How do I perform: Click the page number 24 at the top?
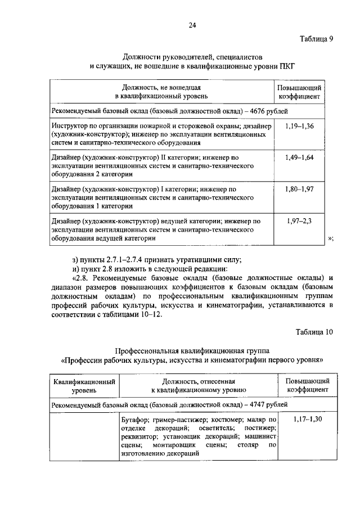click(x=192, y=25)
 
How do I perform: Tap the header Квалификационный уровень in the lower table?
click(x=84, y=385)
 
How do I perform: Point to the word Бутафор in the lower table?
click(x=134, y=419)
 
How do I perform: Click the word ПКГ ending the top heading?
click(x=286, y=66)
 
